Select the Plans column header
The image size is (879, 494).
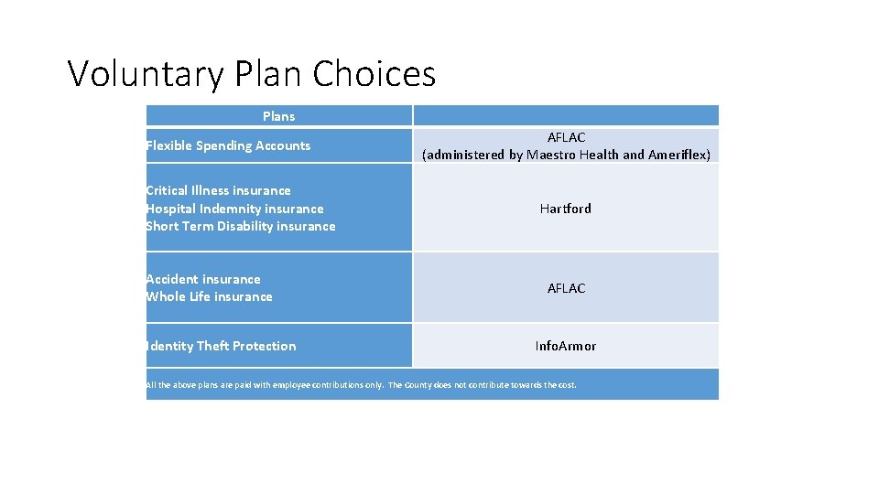[278, 116]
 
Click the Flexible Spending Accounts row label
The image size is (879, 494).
[228, 145]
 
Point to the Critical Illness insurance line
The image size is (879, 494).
[218, 190]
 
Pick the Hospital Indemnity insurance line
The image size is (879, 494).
[234, 209]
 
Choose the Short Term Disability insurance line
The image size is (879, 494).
[240, 226]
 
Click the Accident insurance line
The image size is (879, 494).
[202, 279]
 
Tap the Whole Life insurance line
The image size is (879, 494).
[209, 296]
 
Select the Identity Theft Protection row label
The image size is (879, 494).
[221, 346]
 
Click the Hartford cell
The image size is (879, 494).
[566, 209]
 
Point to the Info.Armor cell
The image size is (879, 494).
[566, 346]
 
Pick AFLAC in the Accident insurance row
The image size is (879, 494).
[566, 288]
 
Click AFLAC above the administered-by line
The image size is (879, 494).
[566, 137]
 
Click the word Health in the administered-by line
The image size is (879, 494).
[600, 156]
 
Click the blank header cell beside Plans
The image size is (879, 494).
[566, 116]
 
